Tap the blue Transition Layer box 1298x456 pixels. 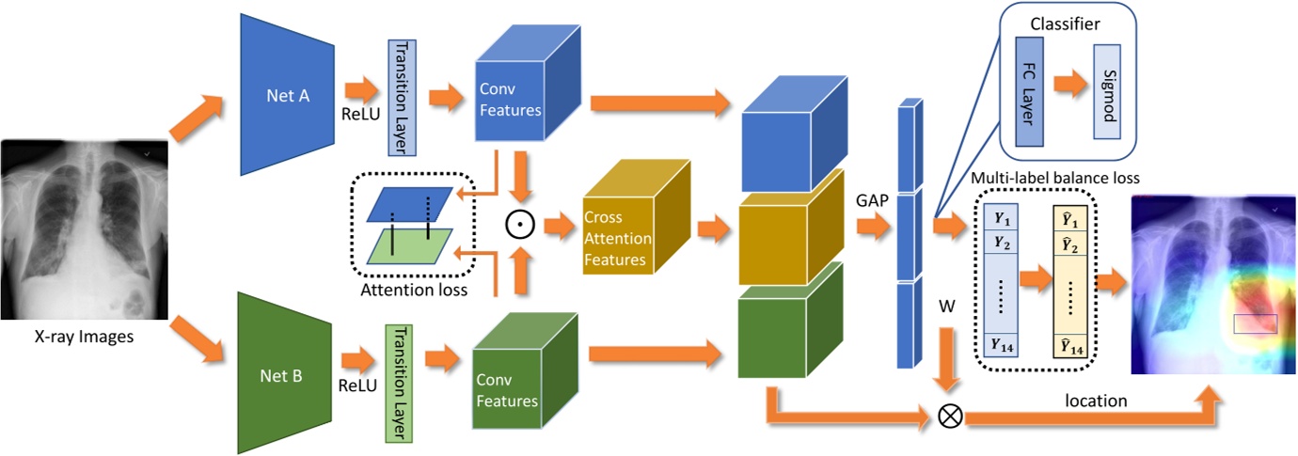(402, 98)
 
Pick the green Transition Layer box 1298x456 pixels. (399, 382)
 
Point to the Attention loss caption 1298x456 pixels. (415, 291)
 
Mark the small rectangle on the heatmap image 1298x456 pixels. (1256, 323)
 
